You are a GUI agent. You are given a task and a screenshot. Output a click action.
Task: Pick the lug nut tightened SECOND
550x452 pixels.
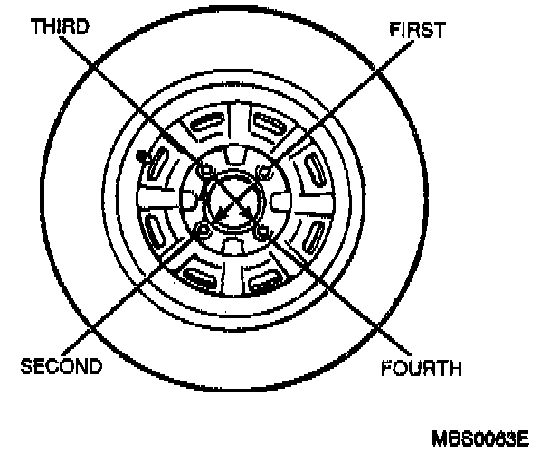(x=203, y=233)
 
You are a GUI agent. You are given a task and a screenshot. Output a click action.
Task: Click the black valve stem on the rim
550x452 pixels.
(x=141, y=157)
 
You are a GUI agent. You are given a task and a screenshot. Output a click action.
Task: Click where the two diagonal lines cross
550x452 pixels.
(x=233, y=202)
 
